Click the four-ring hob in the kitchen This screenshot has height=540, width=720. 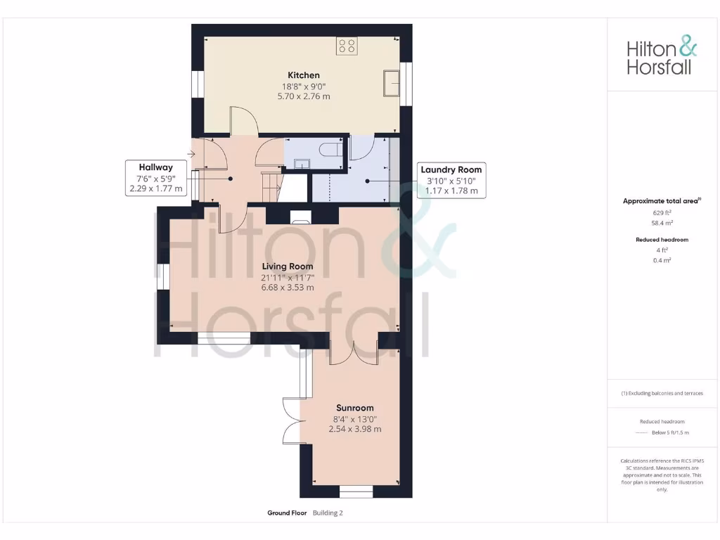(x=347, y=46)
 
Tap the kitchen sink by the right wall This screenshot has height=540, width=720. (x=392, y=83)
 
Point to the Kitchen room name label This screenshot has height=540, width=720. (x=303, y=75)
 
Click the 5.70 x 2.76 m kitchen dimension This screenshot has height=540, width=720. (x=303, y=96)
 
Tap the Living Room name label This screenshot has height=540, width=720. (x=288, y=266)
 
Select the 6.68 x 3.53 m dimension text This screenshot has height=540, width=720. (x=288, y=288)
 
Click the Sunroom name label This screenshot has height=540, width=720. (x=354, y=408)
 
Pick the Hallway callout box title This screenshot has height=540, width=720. (x=155, y=167)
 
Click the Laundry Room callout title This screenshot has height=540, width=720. (x=451, y=169)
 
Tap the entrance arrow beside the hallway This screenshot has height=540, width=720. (x=192, y=153)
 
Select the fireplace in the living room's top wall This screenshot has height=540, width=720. (x=302, y=216)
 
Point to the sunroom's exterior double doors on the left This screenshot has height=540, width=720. (x=292, y=420)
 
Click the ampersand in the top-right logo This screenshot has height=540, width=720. (x=687, y=48)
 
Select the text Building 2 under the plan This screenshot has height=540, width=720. (x=328, y=513)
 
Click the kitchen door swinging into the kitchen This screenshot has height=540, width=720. (x=243, y=121)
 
